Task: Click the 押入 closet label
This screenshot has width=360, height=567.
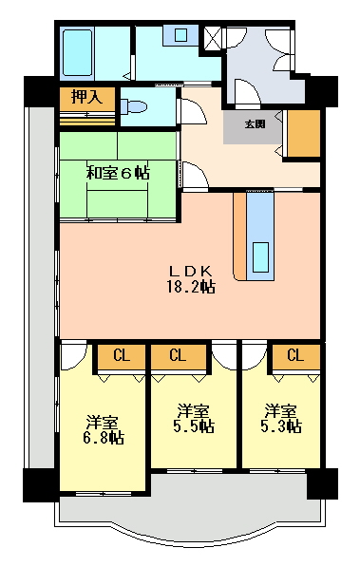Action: click(86, 97)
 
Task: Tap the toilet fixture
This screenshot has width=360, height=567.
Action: click(134, 107)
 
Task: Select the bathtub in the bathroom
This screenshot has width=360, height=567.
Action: click(78, 53)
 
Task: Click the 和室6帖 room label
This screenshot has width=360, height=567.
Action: click(118, 173)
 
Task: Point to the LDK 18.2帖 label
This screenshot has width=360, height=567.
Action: click(191, 279)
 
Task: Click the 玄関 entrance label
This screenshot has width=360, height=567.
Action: click(256, 124)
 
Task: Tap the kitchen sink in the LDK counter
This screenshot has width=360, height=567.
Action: click(260, 257)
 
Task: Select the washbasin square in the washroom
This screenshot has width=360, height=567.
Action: click(180, 35)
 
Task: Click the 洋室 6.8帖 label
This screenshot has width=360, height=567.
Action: click(104, 429)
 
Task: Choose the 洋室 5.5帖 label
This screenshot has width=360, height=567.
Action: click(194, 419)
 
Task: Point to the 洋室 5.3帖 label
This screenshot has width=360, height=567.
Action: click(281, 419)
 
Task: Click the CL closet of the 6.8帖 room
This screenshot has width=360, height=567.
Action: click(122, 356)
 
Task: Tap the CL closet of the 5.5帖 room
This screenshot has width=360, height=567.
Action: click(179, 356)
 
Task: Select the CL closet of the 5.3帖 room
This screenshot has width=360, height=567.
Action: click(296, 356)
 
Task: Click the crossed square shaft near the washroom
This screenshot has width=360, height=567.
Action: click(212, 38)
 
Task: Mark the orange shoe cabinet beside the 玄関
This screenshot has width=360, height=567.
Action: click(304, 133)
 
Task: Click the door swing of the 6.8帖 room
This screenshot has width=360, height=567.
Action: click(74, 355)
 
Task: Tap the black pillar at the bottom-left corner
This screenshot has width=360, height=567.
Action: click(39, 485)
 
